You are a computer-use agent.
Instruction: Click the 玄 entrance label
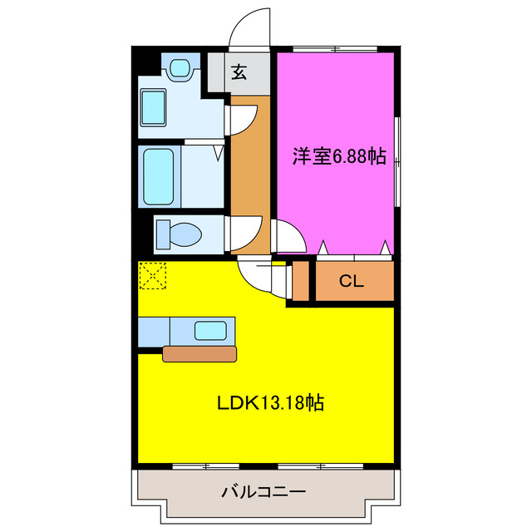point(239,72)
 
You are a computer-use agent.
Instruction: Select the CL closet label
point(351,281)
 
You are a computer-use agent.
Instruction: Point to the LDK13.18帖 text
point(270,404)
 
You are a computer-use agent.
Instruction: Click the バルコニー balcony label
point(263,491)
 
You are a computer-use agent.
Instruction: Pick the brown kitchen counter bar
point(199,353)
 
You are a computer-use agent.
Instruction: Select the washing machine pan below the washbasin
point(159,107)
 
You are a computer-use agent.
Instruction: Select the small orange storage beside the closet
point(300,281)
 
